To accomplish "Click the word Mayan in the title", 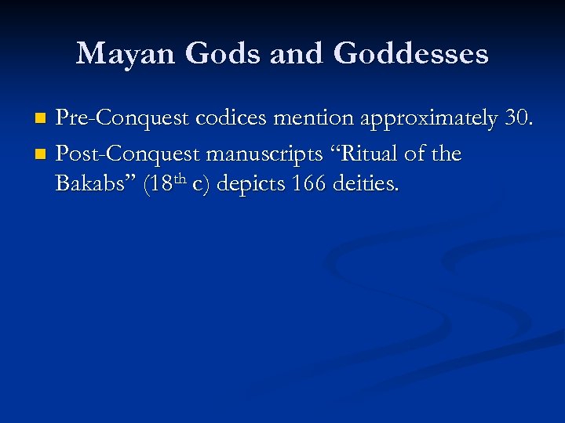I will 127,54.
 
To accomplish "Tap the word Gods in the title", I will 228,54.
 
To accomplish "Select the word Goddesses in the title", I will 410,54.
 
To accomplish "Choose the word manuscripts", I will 264,154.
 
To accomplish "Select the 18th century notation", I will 169,186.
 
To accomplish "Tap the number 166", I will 308,186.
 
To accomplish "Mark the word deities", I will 366,186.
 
